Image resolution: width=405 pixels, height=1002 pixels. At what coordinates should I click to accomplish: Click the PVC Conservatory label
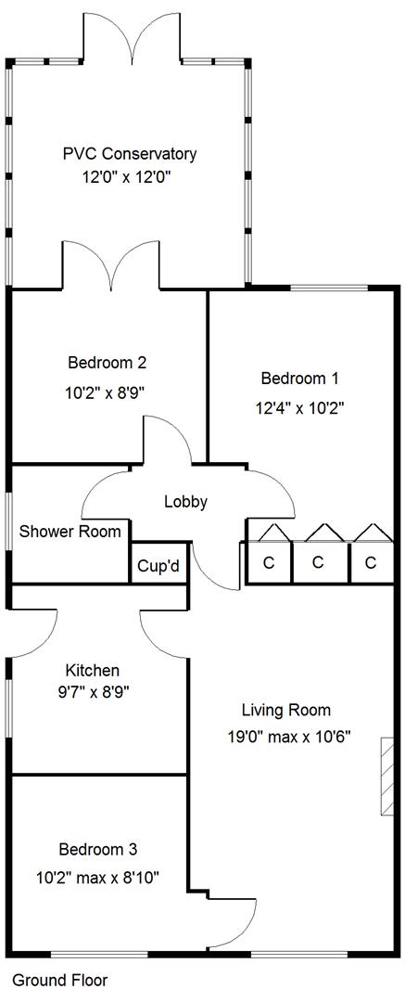[x=130, y=154]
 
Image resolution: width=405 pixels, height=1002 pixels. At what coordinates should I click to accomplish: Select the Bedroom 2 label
[x=108, y=363]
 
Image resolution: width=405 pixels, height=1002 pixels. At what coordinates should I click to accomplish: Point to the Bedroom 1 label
[x=299, y=379]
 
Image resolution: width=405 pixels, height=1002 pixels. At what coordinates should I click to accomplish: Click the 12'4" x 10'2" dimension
[x=299, y=407]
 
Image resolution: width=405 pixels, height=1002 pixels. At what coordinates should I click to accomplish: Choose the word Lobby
[x=186, y=502]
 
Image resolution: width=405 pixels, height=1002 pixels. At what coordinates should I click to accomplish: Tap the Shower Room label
[x=70, y=531]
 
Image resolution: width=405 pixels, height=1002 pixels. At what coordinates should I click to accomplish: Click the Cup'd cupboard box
[x=158, y=563]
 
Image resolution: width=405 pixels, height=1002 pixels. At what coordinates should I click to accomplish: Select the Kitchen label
[x=93, y=671]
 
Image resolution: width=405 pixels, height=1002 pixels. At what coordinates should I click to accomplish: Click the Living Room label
[x=286, y=710]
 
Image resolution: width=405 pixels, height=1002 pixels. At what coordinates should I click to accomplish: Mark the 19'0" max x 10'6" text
[x=290, y=737]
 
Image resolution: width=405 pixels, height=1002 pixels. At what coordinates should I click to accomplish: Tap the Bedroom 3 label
[x=97, y=849]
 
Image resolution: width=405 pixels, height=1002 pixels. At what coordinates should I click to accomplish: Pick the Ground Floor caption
[x=60, y=981]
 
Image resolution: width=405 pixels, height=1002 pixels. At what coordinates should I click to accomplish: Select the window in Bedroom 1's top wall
[x=329, y=289]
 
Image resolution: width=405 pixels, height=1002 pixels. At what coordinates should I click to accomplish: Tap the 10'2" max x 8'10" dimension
[x=97, y=878]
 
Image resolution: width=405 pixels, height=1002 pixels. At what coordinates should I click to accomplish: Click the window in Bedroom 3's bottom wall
[x=99, y=955]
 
